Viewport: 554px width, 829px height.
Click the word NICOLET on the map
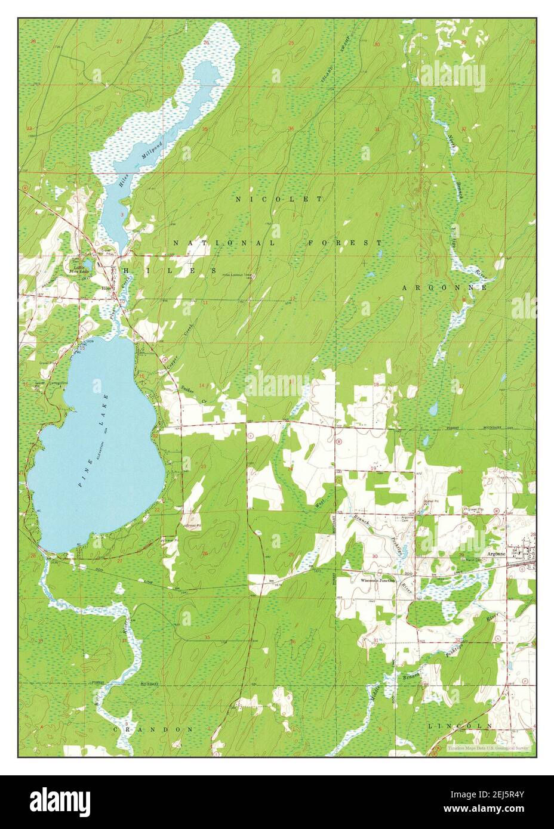(x=279, y=199)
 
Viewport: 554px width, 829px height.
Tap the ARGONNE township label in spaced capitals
(x=444, y=287)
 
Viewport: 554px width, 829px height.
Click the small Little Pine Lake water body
(x=88, y=263)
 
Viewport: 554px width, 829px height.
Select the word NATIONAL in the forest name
(x=225, y=243)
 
